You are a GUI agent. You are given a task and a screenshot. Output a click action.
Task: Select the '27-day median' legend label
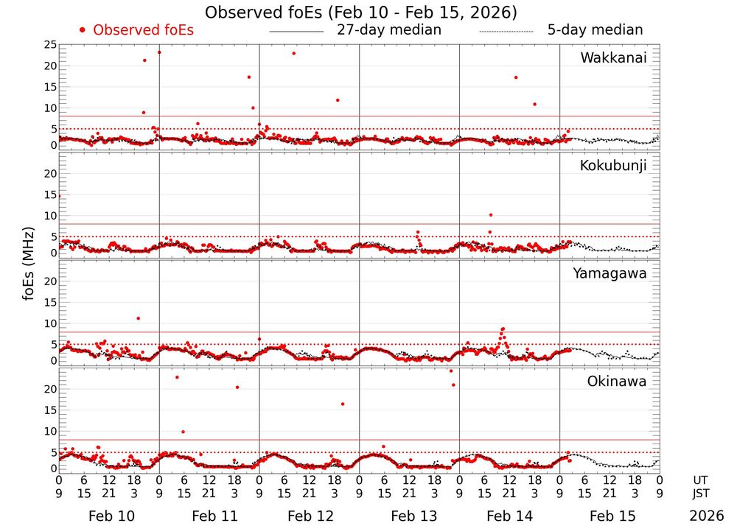[388, 30]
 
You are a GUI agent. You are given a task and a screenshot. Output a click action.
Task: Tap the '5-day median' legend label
[595, 30]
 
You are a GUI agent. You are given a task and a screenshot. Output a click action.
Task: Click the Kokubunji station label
[612, 166]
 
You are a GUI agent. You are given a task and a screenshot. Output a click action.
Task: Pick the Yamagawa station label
[609, 273]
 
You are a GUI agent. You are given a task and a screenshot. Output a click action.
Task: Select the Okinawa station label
[616, 381]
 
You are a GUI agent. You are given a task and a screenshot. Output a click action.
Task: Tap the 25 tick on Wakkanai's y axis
[49, 45]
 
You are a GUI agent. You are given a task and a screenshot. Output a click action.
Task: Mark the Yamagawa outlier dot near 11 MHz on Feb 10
[138, 318]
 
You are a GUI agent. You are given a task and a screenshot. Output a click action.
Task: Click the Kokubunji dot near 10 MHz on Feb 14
[491, 215]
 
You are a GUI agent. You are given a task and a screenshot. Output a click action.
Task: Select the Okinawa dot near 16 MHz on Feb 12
[343, 404]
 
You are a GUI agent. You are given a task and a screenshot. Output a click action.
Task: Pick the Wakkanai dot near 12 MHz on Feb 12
[338, 100]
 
